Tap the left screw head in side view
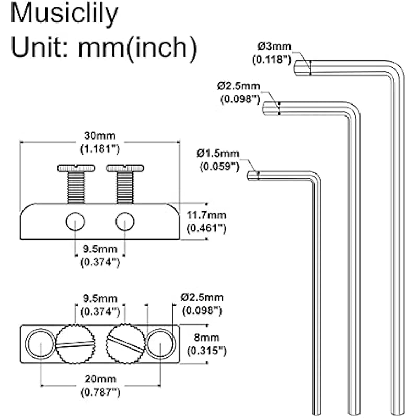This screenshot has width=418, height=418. coord(76,168)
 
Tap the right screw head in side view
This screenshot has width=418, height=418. coord(125,168)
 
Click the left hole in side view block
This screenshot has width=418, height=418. coord(75,222)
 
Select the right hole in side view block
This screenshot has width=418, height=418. coord(125,222)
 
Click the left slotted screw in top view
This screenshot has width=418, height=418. coord(76,343)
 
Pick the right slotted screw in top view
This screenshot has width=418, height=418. coord(125,343)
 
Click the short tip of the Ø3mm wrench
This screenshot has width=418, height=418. coord(300,67)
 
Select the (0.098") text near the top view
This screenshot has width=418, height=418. coord(202,310)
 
